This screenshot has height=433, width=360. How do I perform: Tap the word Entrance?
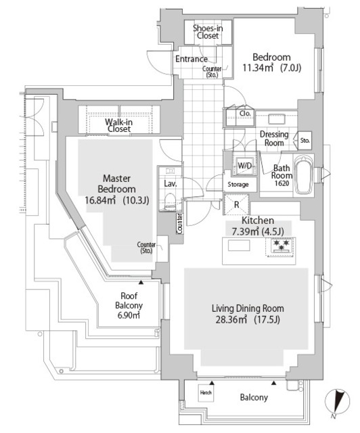pos(192,59)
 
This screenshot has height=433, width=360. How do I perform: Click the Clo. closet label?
pos(246,114)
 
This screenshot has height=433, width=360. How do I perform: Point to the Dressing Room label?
pos(274,139)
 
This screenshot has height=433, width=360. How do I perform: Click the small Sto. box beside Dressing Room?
pos(305,141)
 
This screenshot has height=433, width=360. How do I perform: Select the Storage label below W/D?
pos(238,184)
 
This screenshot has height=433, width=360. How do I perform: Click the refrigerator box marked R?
pos(236,204)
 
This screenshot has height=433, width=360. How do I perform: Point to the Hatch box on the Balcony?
pos(206,392)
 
